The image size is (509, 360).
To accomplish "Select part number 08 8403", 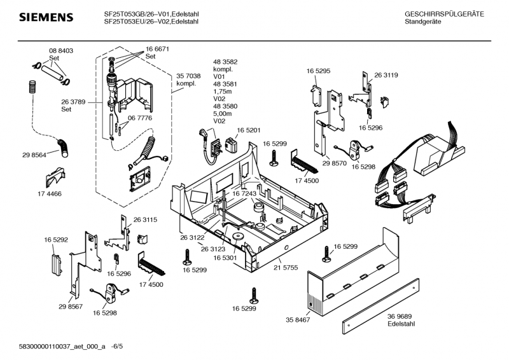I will coord(60,50).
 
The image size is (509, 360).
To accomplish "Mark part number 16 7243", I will coord(244,193).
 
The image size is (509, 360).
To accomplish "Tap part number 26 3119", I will coord(386,75).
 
